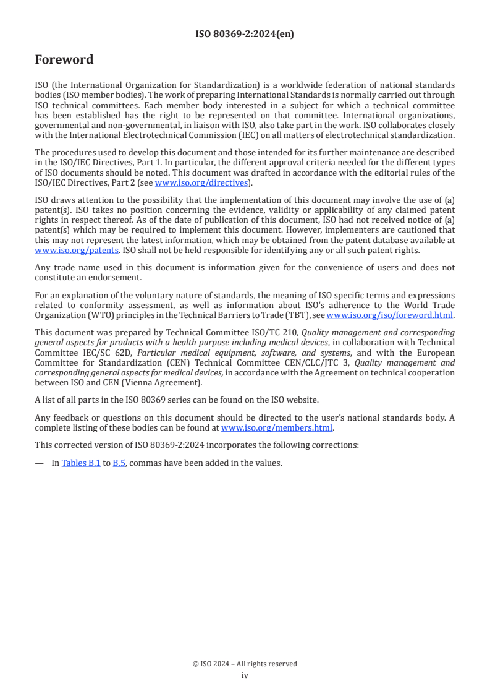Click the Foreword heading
point(64,60)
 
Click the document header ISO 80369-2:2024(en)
point(245,35)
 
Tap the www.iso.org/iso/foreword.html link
point(389,315)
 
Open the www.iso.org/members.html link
point(277,427)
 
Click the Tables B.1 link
point(81,462)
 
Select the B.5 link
point(119,462)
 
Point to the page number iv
point(245,675)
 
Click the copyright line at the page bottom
point(245,664)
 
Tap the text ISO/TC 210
point(277,332)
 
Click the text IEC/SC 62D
point(96,353)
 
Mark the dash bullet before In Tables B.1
point(39,462)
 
